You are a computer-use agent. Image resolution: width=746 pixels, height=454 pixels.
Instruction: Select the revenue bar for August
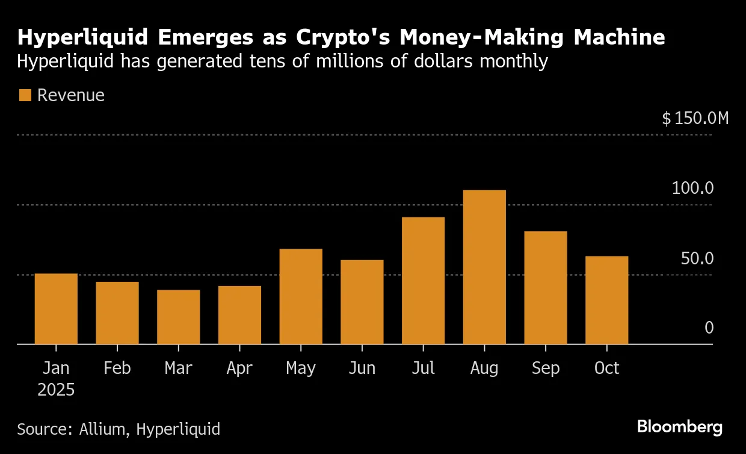click(484, 267)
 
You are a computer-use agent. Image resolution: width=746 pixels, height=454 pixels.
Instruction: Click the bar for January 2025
click(56, 309)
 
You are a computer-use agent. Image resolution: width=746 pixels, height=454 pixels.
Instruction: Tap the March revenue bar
click(178, 317)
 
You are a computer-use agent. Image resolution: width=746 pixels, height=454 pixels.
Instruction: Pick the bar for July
click(423, 281)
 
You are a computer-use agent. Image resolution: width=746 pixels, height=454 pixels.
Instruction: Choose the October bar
click(606, 300)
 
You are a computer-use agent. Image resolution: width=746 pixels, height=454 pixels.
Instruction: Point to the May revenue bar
click(301, 296)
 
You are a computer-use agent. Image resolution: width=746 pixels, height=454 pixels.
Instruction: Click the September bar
click(546, 288)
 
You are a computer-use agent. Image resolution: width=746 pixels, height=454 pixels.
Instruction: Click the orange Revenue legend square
click(25, 95)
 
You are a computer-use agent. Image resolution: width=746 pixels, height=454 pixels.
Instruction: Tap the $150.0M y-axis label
click(695, 118)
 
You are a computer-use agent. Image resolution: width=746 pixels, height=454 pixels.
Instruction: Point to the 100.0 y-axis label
click(692, 188)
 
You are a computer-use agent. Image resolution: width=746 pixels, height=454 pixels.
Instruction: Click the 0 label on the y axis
click(709, 328)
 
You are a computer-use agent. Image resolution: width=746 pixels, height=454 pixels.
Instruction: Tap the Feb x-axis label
click(117, 368)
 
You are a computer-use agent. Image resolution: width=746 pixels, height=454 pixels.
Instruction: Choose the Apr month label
click(239, 368)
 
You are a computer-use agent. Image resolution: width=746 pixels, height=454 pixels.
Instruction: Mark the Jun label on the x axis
click(362, 368)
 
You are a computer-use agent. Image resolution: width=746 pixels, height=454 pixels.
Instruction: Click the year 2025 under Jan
click(56, 390)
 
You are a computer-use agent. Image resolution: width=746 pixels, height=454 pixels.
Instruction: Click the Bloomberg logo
click(679, 428)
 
